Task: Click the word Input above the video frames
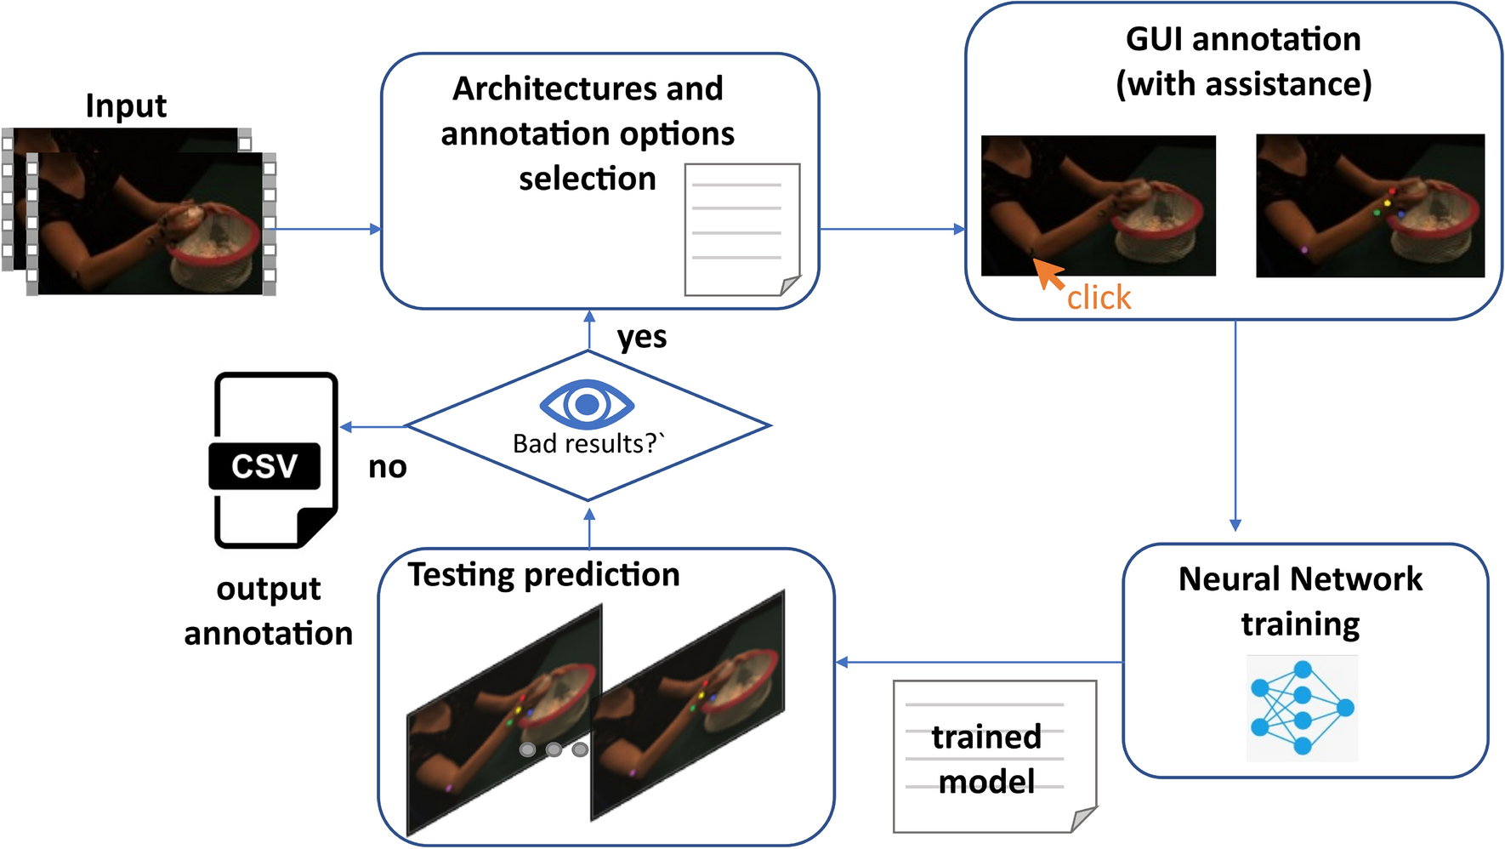126,106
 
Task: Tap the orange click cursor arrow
1048,275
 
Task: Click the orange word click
1099,298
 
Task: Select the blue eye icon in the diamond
587,404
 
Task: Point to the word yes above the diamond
642,338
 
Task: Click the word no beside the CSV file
388,467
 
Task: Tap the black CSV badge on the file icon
264,466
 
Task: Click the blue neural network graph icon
1302,708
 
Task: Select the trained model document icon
994,756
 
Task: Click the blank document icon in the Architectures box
742,230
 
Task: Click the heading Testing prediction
543,575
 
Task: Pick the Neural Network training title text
1300,601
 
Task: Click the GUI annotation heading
1243,61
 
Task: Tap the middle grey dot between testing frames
554,749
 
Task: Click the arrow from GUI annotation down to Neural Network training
1235,425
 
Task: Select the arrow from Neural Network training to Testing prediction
978,662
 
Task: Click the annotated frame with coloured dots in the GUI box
1370,206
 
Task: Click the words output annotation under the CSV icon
269,611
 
